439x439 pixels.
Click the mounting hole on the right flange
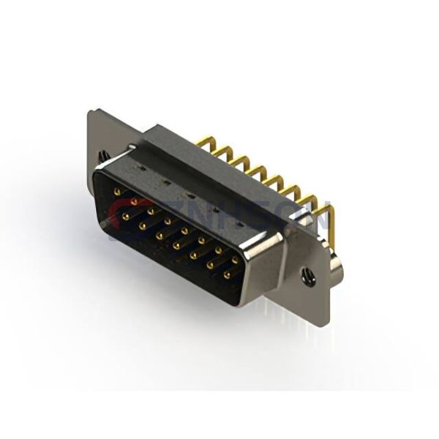[308, 277]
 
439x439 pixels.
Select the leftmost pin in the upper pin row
[118, 192]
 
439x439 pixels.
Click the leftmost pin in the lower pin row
[126, 217]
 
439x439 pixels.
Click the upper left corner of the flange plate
[91, 112]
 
